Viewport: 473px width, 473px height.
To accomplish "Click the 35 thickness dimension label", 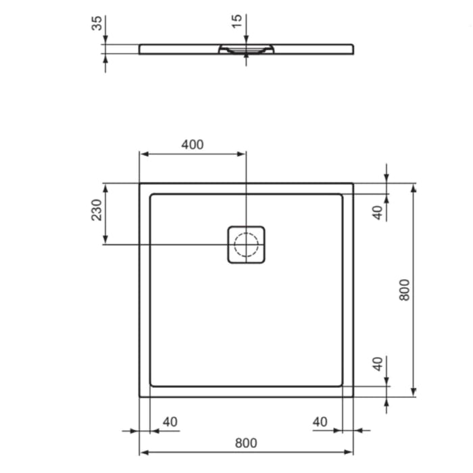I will [97, 23].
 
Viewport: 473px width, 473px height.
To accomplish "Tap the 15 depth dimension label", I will [236, 21].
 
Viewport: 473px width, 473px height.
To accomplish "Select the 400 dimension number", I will [193, 145].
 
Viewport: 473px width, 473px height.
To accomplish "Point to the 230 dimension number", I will [97, 209].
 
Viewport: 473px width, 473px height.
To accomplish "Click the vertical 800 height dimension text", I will [404, 289].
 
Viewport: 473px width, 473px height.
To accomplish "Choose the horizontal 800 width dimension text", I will [246, 443].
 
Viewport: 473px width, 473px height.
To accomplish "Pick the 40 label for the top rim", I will [378, 212].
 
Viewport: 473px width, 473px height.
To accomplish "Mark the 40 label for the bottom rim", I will [378, 364].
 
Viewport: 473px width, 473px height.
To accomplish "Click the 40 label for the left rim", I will [170, 422].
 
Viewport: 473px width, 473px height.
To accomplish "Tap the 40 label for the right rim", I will [320, 422].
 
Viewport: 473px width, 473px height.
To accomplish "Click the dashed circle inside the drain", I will [246, 244].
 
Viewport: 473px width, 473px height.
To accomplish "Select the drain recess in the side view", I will [246, 49].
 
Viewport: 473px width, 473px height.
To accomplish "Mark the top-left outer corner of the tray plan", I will [140, 183].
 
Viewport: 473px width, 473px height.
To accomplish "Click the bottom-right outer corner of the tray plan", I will [353, 396].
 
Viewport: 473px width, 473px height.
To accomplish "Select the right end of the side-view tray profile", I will [352, 49].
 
